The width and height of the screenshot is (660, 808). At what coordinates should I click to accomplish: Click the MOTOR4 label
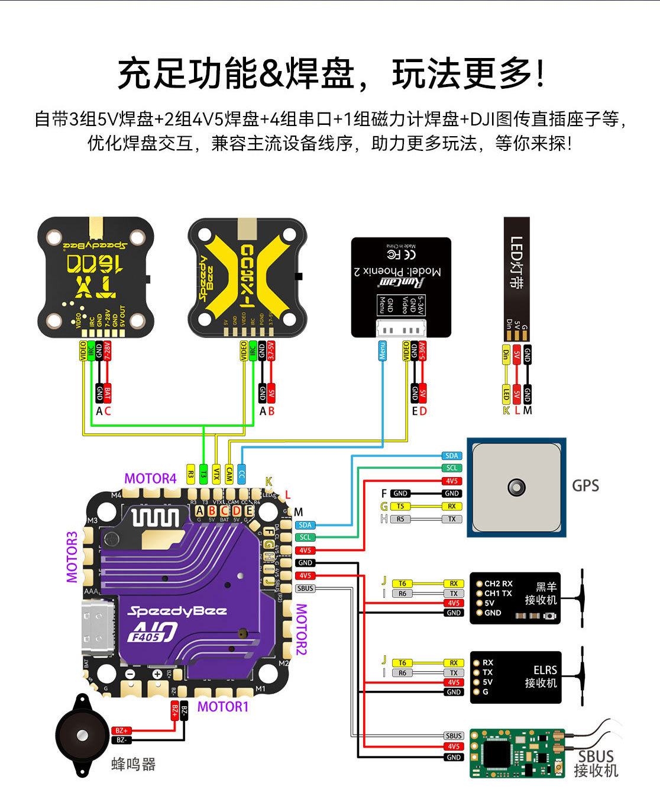pyautogui.click(x=150, y=478)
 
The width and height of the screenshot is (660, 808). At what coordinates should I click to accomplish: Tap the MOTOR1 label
pyautogui.click(x=223, y=706)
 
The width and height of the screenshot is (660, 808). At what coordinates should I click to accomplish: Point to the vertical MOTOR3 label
pyautogui.click(x=72, y=556)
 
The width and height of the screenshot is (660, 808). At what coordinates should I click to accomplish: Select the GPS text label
pyautogui.click(x=585, y=486)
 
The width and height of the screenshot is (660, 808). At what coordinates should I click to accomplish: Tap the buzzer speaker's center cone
pyautogui.click(x=80, y=735)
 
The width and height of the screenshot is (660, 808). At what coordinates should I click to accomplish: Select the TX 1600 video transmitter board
pyautogui.click(x=95, y=277)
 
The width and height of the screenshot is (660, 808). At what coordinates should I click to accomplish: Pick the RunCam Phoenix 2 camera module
pyautogui.click(x=401, y=287)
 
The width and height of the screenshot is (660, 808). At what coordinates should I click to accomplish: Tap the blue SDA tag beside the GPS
pyautogui.click(x=452, y=456)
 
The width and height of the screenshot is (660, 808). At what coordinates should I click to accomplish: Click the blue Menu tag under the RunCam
pyautogui.click(x=383, y=350)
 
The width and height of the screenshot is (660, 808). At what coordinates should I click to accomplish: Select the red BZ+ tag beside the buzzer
pyautogui.click(x=121, y=730)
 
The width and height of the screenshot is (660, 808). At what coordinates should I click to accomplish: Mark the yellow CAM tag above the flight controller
pyautogui.click(x=229, y=474)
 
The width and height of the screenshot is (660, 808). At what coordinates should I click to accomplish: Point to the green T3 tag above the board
pyautogui.click(x=203, y=474)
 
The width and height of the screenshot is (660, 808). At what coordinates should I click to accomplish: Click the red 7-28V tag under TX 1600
pyautogui.click(x=108, y=350)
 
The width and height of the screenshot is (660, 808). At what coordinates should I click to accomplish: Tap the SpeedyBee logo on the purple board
pyautogui.click(x=177, y=611)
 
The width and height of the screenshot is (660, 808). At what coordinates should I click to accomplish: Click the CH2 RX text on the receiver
pyautogui.click(x=498, y=584)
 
